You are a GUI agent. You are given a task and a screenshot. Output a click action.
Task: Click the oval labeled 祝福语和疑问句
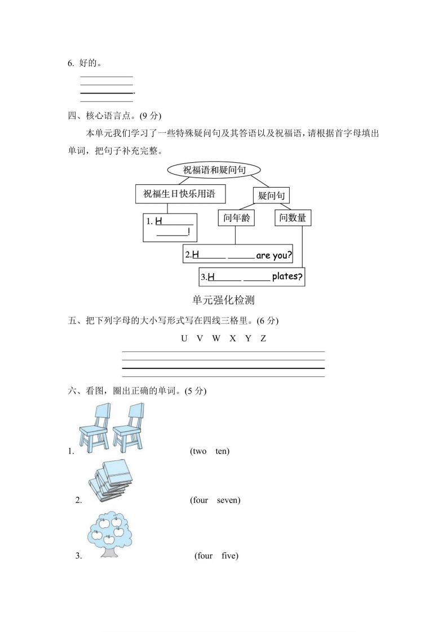[214, 170]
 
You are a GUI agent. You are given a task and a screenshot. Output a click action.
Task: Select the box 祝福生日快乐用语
[180, 194]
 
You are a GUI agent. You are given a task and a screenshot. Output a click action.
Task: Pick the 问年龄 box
[236, 218]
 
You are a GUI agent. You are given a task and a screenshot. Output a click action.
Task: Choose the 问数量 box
[293, 218]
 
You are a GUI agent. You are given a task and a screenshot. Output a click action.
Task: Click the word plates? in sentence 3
[287, 277]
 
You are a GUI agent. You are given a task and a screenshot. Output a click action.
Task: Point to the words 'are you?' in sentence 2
[274, 255]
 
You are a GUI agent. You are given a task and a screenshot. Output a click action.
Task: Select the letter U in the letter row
[184, 339]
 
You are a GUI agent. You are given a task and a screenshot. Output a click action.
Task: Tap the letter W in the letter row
[216, 339]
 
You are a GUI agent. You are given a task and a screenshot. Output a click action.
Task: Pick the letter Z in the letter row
[263, 339]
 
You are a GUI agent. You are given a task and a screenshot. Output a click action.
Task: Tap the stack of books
[110, 480]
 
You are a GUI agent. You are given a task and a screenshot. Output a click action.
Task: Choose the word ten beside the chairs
[222, 451]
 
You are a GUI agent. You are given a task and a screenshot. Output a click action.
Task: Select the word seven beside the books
[228, 500]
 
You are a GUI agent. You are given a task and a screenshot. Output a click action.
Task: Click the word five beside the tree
[229, 556]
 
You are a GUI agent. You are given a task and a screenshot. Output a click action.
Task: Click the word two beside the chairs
[199, 451]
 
